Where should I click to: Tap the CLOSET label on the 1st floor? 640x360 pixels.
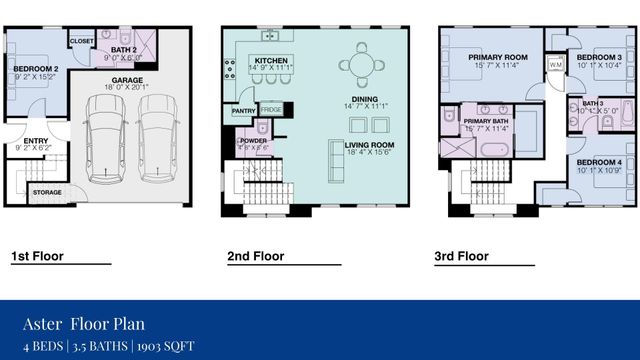pos(81,41)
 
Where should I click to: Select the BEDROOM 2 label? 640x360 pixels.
pos(36,69)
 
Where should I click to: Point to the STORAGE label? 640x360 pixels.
pos(47,192)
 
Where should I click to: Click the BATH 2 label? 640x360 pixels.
pos(123,50)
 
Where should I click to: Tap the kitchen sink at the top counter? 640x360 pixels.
pos(270,38)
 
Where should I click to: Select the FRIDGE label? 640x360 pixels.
pos(271,110)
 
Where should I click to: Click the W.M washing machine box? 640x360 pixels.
pos(554,66)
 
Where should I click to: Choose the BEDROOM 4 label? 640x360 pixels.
pos(598,162)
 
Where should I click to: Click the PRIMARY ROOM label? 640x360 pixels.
pos(497,58)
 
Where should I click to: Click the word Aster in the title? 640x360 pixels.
pos(42,323)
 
